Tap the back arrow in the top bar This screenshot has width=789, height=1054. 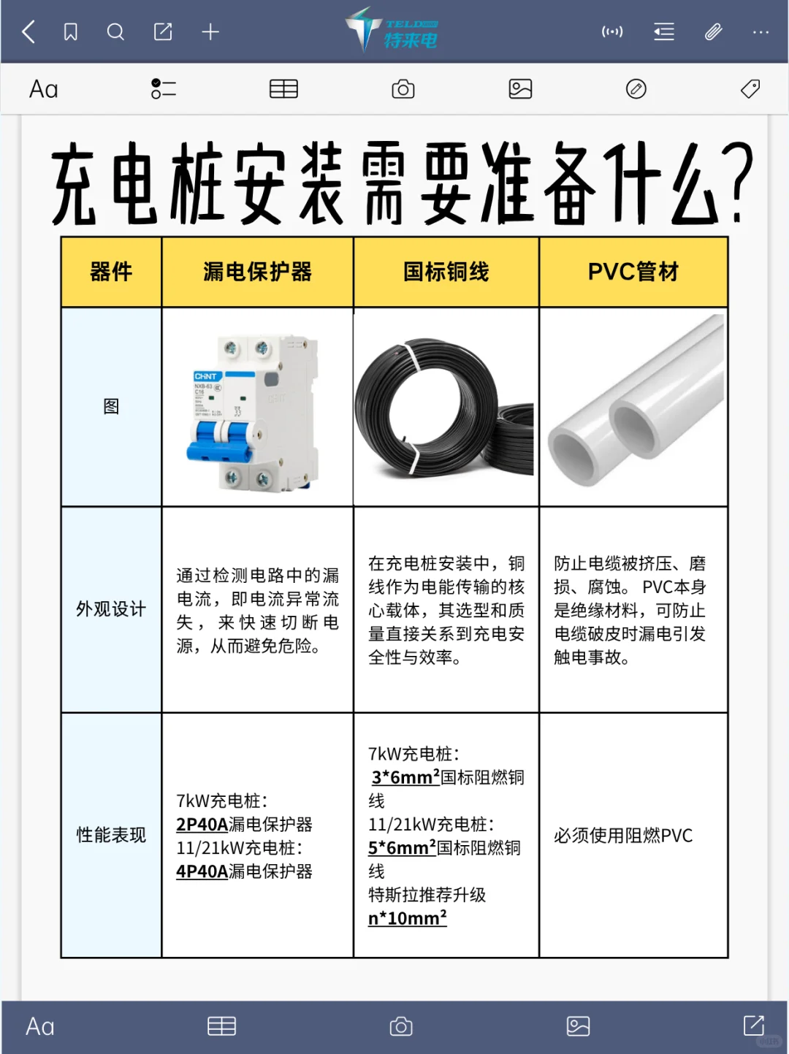pyautogui.click(x=29, y=32)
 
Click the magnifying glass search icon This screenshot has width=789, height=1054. pyautogui.click(x=115, y=32)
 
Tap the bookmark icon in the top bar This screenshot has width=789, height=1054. pyautogui.click(x=71, y=32)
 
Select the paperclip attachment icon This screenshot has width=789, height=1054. pyautogui.click(x=713, y=32)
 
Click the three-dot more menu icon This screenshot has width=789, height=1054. pyautogui.click(x=761, y=32)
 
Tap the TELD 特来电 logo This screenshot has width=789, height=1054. pyautogui.click(x=393, y=31)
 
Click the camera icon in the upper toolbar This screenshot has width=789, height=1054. pyautogui.click(x=403, y=89)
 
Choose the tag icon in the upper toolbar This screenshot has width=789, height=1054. pyautogui.click(x=750, y=89)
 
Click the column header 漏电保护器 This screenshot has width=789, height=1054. pyautogui.click(x=257, y=272)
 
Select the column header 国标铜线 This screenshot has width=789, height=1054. pyautogui.click(x=446, y=272)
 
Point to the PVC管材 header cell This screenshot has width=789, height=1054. pyautogui.click(x=633, y=272)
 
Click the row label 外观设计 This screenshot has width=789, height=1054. pyautogui.click(x=111, y=609)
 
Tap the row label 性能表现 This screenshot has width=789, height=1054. pyautogui.click(x=111, y=835)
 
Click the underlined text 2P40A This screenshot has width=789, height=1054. pyautogui.click(x=202, y=825)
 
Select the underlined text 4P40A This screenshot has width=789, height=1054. pyautogui.click(x=202, y=871)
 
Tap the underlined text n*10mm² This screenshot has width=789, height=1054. pyautogui.click(x=407, y=918)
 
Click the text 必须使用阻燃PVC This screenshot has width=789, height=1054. pyautogui.click(x=623, y=836)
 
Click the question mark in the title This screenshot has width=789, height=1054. pyautogui.click(x=741, y=183)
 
